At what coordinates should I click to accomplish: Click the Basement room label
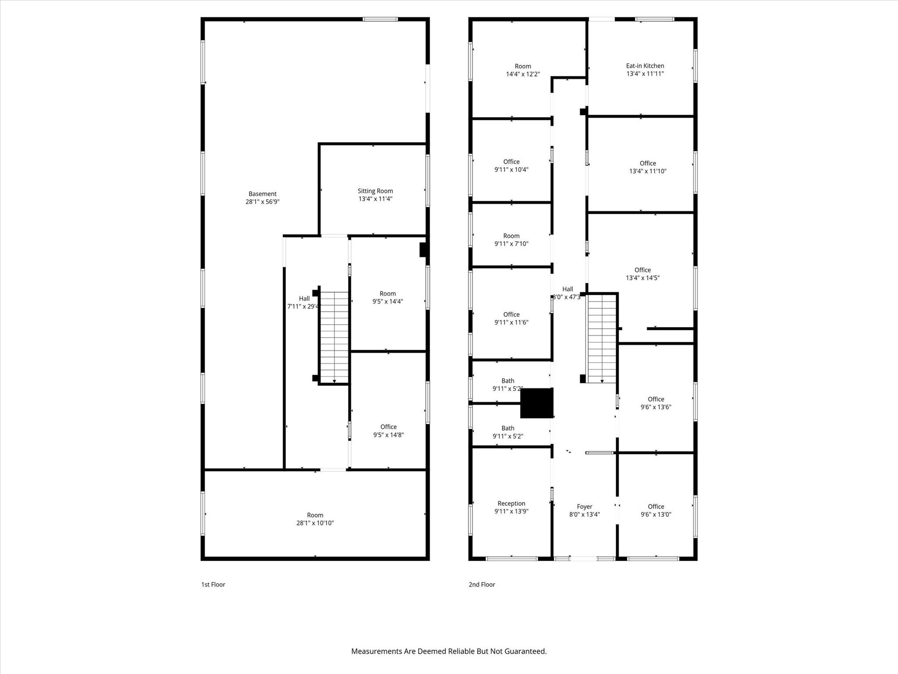(262, 194)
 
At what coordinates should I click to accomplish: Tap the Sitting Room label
(375, 191)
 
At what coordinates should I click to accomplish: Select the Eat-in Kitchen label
(645, 66)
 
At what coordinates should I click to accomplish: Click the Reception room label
(511, 503)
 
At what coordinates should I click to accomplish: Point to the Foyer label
(584, 506)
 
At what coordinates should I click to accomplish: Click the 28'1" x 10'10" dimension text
(315, 523)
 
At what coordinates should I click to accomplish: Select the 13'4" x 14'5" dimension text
(642, 278)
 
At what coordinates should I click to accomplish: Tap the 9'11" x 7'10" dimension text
(511, 244)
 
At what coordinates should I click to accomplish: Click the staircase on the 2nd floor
(602, 338)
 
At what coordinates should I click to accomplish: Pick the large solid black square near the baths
(537, 403)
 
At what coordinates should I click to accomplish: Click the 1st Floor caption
(213, 584)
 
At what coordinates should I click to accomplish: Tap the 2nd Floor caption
(481, 584)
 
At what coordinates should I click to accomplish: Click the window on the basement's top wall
(380, 19)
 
